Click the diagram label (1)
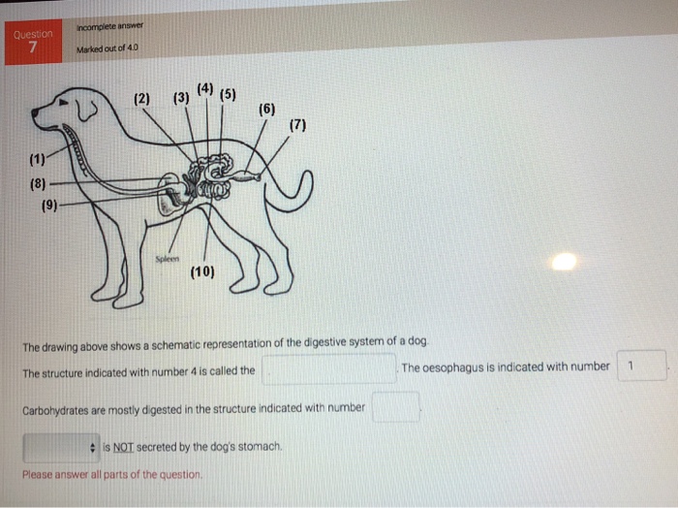[37, 158]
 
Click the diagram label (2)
[142, 99]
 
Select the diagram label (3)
[181, 99]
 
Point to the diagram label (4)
[204, 90]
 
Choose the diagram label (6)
[267, 109]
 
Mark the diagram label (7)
[297, 126]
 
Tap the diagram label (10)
[202, 272]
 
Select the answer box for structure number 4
[328, 369]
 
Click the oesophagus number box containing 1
[641, 366]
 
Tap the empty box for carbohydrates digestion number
[395, 407]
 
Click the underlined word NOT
[123, 447]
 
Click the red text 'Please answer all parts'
[112, 475]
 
